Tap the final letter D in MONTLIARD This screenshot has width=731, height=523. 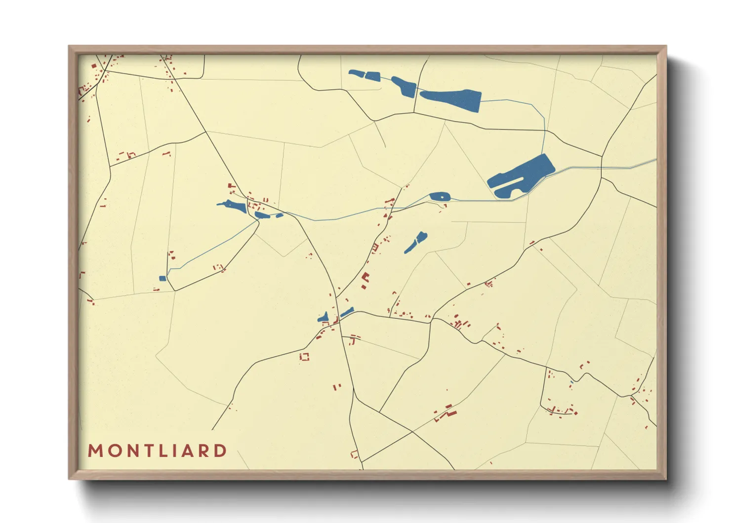coord(221,451)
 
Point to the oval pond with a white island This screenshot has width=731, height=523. coord(439,196)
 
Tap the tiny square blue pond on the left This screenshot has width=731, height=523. coord(162,278)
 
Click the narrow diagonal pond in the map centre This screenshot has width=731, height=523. coord(416,242)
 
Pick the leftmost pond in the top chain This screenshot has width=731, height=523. coord(356,74)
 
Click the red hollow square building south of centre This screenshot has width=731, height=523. coord(304,356)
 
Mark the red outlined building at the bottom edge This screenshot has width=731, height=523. coord(354,454)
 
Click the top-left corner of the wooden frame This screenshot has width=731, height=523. coord(69,46)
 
